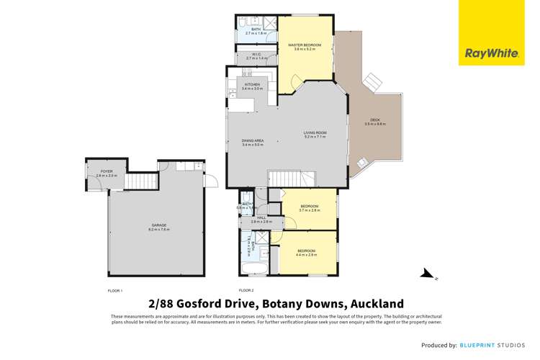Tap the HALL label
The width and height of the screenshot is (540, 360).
click(261, 220)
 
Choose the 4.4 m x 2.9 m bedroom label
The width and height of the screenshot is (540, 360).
click(307, 252)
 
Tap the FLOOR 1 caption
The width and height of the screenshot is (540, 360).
click(115, 289)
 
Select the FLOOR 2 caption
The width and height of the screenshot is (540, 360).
click(247, 289)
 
